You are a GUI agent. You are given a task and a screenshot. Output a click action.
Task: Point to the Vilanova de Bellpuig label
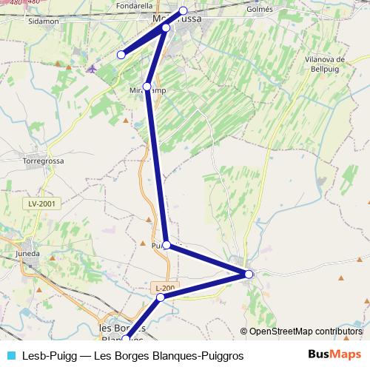coord(326,64)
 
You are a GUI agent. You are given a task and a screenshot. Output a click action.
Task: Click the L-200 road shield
coord(165,286)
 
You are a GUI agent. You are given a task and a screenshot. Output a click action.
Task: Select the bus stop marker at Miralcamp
coord(148,87)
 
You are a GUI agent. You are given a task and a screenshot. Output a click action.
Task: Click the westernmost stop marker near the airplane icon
coord(122,54)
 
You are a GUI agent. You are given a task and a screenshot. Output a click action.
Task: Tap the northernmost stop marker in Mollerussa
coord(184,11)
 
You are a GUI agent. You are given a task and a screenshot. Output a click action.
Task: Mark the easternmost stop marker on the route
coord(249,274)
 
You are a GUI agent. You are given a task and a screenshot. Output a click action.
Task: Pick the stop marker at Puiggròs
coord(166,245)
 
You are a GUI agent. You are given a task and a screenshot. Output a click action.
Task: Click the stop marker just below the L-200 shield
coord(160,297)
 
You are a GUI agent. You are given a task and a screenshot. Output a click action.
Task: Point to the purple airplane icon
coord(91,70)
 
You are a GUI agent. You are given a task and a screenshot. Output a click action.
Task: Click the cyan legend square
coord(10,355)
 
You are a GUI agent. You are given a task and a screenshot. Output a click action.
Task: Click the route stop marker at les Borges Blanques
coord(125,338)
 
